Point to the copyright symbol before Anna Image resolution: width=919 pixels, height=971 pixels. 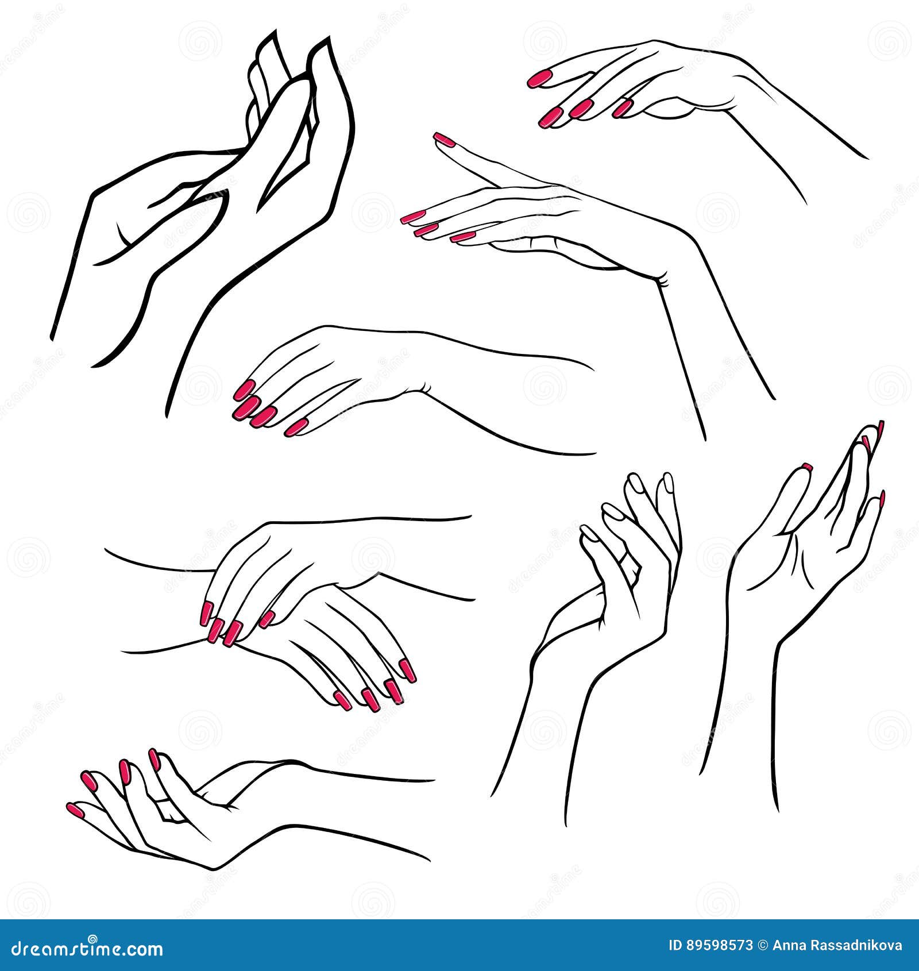click(763, 946)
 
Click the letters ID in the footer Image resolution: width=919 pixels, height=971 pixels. click(677, 946)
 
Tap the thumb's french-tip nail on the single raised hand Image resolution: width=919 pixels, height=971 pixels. click(806, 466)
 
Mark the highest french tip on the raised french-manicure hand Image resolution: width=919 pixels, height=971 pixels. click(880, 429)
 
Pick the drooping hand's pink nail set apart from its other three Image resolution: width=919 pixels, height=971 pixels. click(296, 427)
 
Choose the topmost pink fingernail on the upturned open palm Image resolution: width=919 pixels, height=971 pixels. click(154, 758)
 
